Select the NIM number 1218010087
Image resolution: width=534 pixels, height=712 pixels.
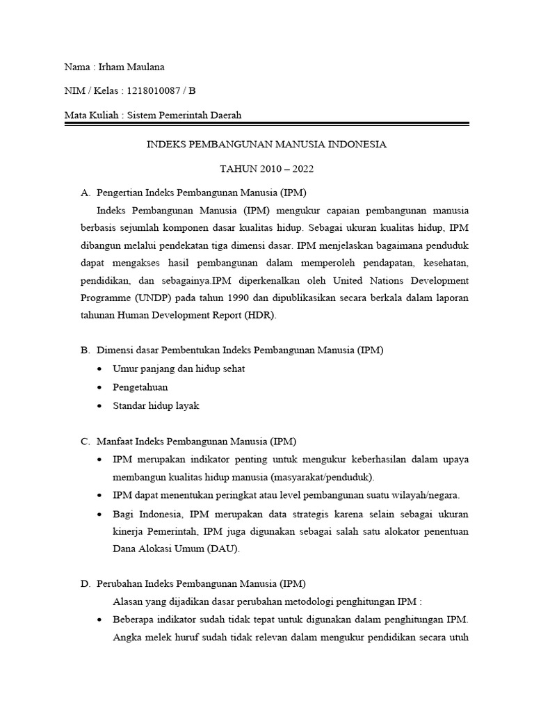(x=157, y=91)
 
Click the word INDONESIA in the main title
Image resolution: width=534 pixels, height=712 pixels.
(x=351, y=145)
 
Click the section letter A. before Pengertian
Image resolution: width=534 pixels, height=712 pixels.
(x=86, y=193)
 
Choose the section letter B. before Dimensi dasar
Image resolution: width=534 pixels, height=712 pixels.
(x=86, y=350)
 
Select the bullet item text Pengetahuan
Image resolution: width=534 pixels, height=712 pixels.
(x=140, y=387)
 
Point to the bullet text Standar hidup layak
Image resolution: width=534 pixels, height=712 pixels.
(x=156, y=405)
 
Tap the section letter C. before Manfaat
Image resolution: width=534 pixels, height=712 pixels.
(x=86, y=441)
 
